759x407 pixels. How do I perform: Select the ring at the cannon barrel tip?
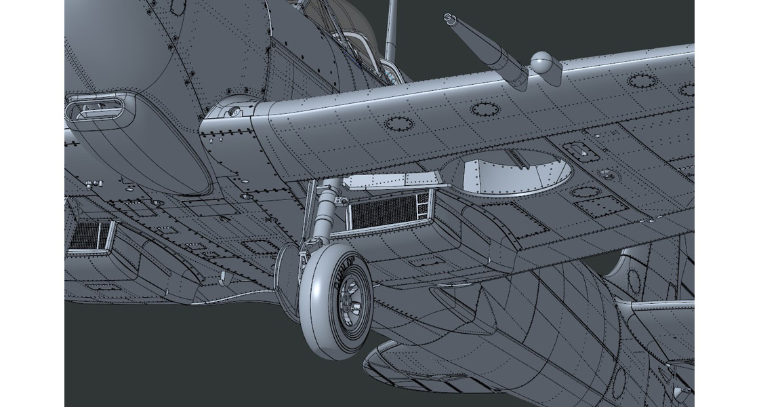coord(448,17)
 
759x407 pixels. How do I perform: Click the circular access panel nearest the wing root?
coord(398,123)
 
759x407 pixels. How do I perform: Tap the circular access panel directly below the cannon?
coord(483,109)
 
